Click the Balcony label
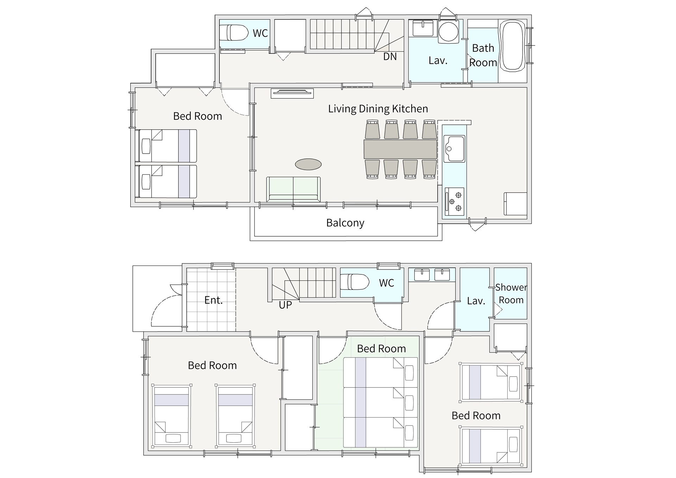(345, 223)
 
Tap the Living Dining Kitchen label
(378, 109)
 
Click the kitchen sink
(454, 149)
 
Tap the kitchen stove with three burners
(455, 201)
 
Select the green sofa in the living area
(293, 189)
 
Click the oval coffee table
(308, 164)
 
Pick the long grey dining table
(400, 149)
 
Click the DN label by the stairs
(390, 56)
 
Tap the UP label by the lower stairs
(285, 305)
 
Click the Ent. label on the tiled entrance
(213, 300)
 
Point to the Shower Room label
(511, 294)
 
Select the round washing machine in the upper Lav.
(449, 31)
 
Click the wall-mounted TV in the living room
(292, 93)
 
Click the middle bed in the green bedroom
(381, 403)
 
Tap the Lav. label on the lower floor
(476, 301)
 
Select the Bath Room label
(483, 55)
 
